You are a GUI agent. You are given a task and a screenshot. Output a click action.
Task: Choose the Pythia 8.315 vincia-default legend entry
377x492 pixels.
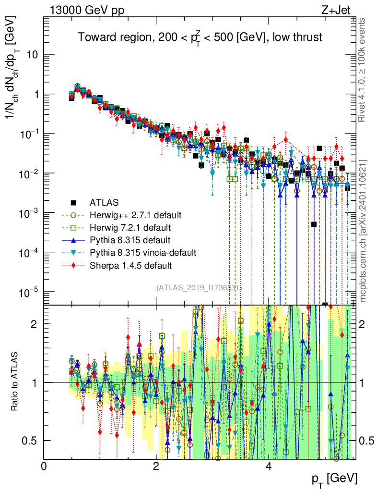pyautogui.click(x=141, y=252)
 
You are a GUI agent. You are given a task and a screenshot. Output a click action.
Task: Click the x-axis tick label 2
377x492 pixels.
pyautogui.click(x=156, y=467)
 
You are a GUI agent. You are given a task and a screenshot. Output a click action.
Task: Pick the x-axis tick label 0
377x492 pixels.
pyautogui.click(x=44, y=467)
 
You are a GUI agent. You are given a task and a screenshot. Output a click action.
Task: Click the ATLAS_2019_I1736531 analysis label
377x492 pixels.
pyautogui.click(x=199, y=287)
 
